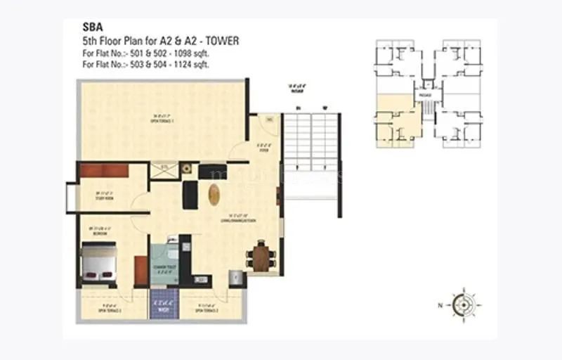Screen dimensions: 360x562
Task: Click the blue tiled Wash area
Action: [164, 306]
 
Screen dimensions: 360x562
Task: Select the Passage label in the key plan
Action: [424, 94]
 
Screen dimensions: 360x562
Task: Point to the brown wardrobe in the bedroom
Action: [140, 271]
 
